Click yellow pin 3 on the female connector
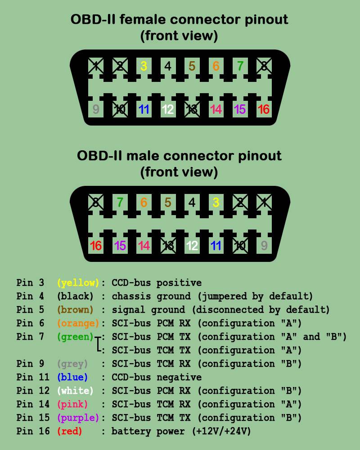coord(144,66)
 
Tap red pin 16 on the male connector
coord(95,246)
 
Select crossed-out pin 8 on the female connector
coord(264,66)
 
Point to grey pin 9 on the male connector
coord(264,246)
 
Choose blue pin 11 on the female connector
coord(144,109)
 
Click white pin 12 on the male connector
coord(192,246)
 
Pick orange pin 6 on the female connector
coord(216,66)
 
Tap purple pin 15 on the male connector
coord(120,246)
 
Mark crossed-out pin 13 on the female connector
coord(192,109)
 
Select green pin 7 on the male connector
coord(120,202)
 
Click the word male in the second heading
coord(143,156)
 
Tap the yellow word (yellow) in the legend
coord(78,283)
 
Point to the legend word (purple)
coord(78,418)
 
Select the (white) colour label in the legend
coord(75,391)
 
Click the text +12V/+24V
coord(221,432)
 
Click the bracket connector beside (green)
coord(98,344)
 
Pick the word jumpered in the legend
coord(224,297)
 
